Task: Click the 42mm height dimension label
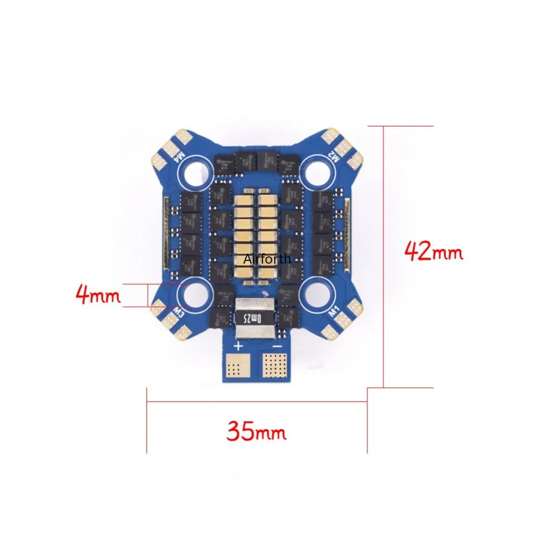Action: [x=433, y=251]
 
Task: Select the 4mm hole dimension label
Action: [x=98, y=295]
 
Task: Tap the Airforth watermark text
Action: [x=266, y=259]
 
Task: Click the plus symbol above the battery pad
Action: [x=238, y=347]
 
